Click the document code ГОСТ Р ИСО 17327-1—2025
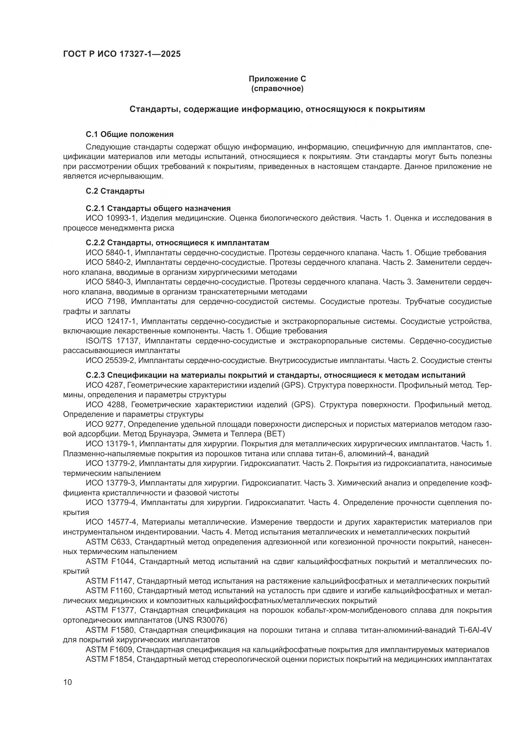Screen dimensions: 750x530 point(122,54)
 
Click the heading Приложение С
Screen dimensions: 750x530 point(277,79)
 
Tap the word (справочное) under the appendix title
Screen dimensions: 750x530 point(277,88)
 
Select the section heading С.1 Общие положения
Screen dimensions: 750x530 point(129,134)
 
